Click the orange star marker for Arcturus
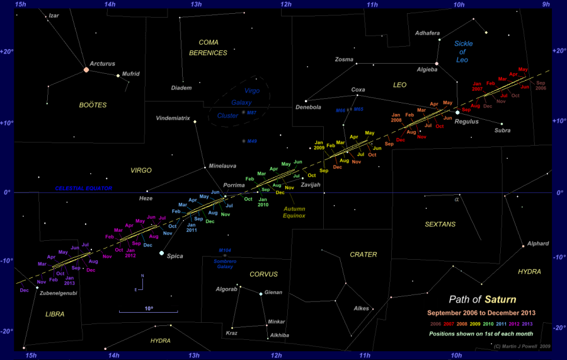point(86,69)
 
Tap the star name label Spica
point(175,257)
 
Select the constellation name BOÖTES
point(93,105)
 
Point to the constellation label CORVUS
point(263,274)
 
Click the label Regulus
point(467,121)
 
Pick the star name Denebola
point(309,107)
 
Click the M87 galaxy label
point(252,113)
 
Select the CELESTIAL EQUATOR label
point(84,189)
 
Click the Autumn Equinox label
point(294,212)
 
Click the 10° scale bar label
point(149,308)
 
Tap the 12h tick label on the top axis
point(286,5)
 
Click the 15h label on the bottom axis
point(30,356)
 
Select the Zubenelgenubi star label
point(59,293)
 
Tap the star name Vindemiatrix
point(173,119)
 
